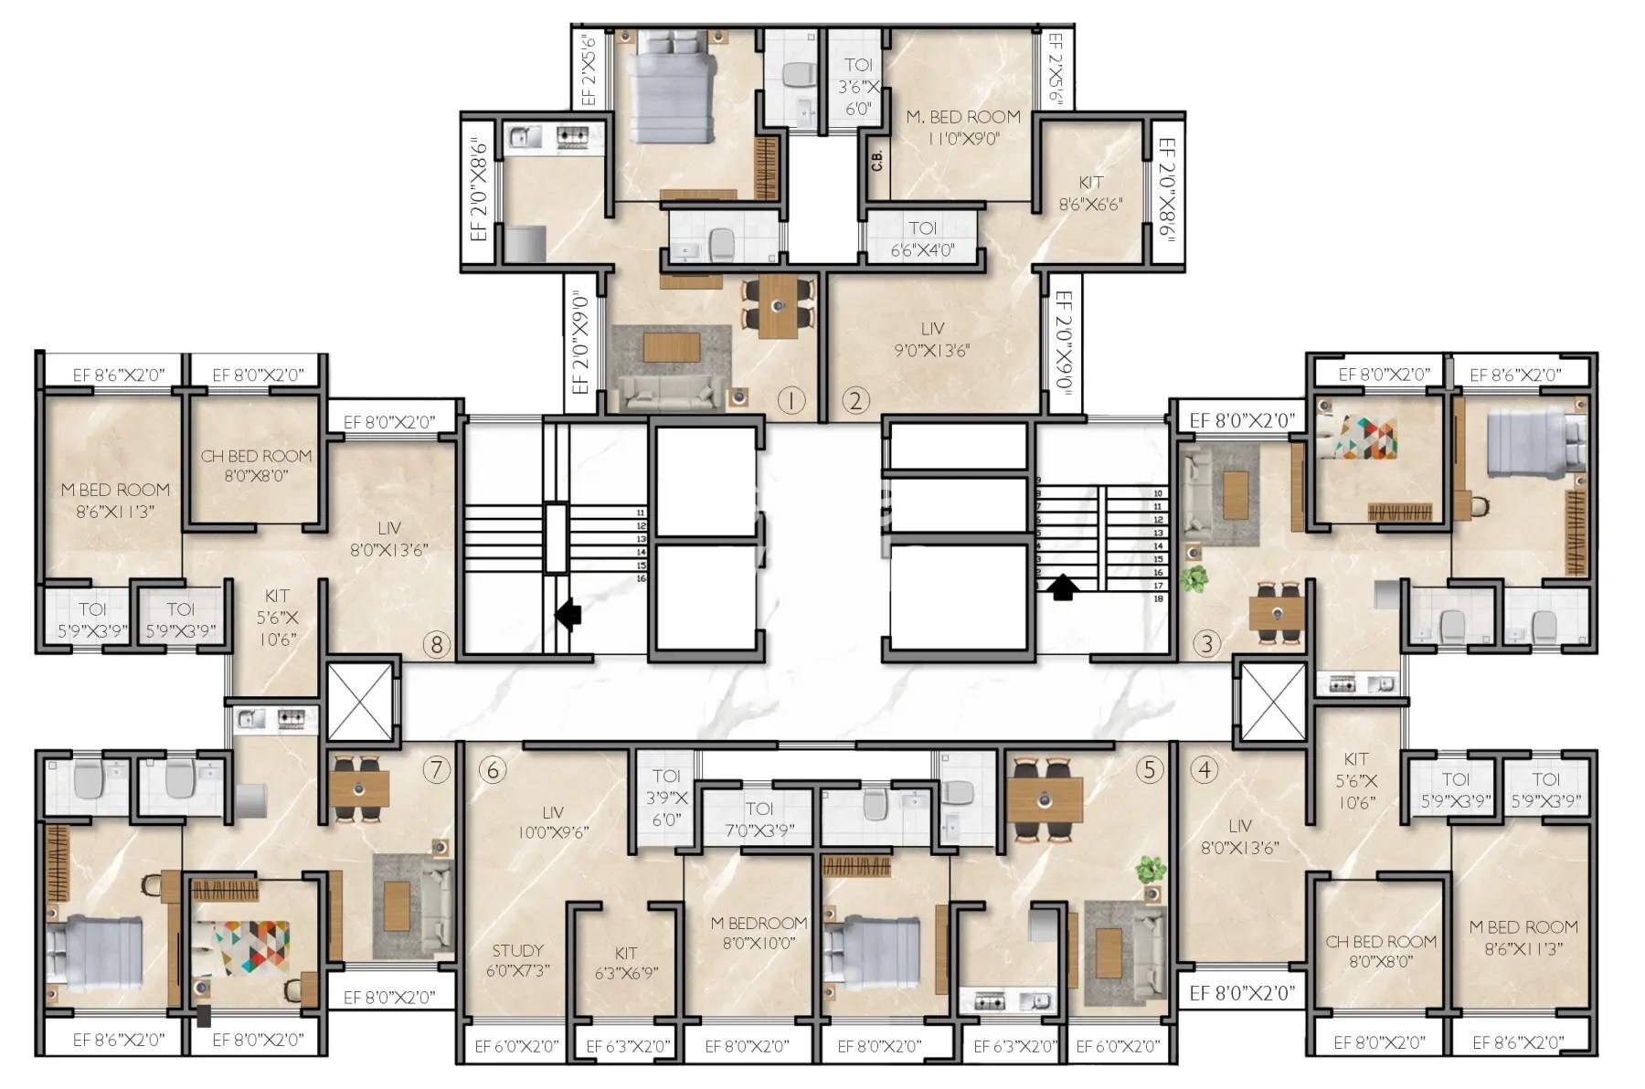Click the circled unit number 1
(x=790, y=400)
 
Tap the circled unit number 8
(x=436, y=645)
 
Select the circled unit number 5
(x=1149, y=769)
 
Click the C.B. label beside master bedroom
(x=876, y=161)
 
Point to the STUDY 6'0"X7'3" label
(x=517, y=960)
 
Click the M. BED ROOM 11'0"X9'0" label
(x=962, y=128)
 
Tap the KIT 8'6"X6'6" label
(x=1090, y=193)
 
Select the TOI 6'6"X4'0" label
(x=922, y=238)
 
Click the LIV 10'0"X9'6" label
(x=552, y=821)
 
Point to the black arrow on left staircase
(x=568, y=614)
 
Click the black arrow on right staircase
(x=1061, y=586)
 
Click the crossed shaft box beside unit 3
(x=1273, y=702)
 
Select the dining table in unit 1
(x=777, y=305)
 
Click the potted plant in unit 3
(x=1192, y=578)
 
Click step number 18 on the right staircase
(x=1158, y=598)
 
